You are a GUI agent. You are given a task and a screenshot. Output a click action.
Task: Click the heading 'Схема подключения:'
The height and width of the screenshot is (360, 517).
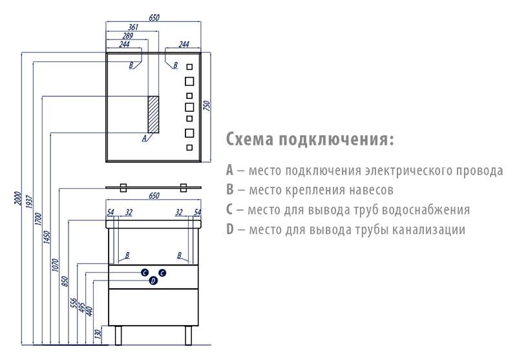310,140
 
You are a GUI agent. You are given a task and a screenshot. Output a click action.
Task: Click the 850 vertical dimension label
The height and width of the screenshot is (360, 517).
65,281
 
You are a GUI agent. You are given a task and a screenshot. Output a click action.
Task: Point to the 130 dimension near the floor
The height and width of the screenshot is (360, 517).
98,334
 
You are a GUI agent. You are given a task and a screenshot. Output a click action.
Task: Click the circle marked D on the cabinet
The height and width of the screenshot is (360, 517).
153,281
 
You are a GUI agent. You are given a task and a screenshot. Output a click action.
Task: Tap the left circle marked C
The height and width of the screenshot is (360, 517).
145,273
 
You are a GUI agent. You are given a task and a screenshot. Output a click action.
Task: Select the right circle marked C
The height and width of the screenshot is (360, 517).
163,273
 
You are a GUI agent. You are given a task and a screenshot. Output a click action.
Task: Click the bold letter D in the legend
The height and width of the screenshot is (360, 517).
231,229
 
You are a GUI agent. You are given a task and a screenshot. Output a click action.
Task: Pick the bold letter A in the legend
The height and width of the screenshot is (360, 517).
230,171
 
